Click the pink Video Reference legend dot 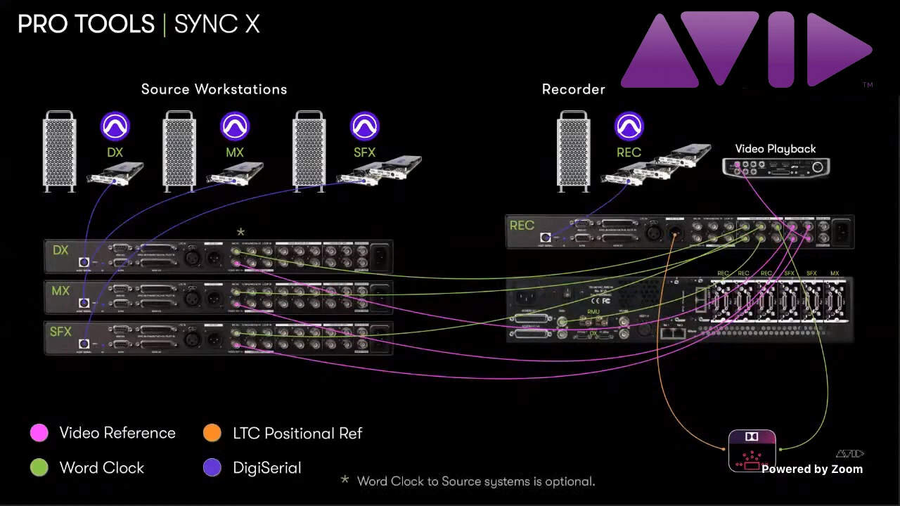click(39, 433)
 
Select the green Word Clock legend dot click(39, 467)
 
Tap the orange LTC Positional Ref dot click(212, 433)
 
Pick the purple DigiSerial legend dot click(212, 467)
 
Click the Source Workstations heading click(214, 89)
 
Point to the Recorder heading click(573, 89)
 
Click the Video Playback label click(775, 149)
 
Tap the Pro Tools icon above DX click(115, 126)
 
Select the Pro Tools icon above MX click(235, 126)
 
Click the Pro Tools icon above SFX click(364, 126)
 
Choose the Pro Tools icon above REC click(629, 126)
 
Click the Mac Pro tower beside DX click(60, 151)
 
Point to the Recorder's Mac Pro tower click(574, 151)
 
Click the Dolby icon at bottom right click(752, 450)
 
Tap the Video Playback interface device click(776, 167)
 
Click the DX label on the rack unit click(60, 250)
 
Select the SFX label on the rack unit click(60, 331)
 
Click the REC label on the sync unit click(522, 226)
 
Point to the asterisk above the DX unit click(240, 232)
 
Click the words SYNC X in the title click(217, 25)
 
